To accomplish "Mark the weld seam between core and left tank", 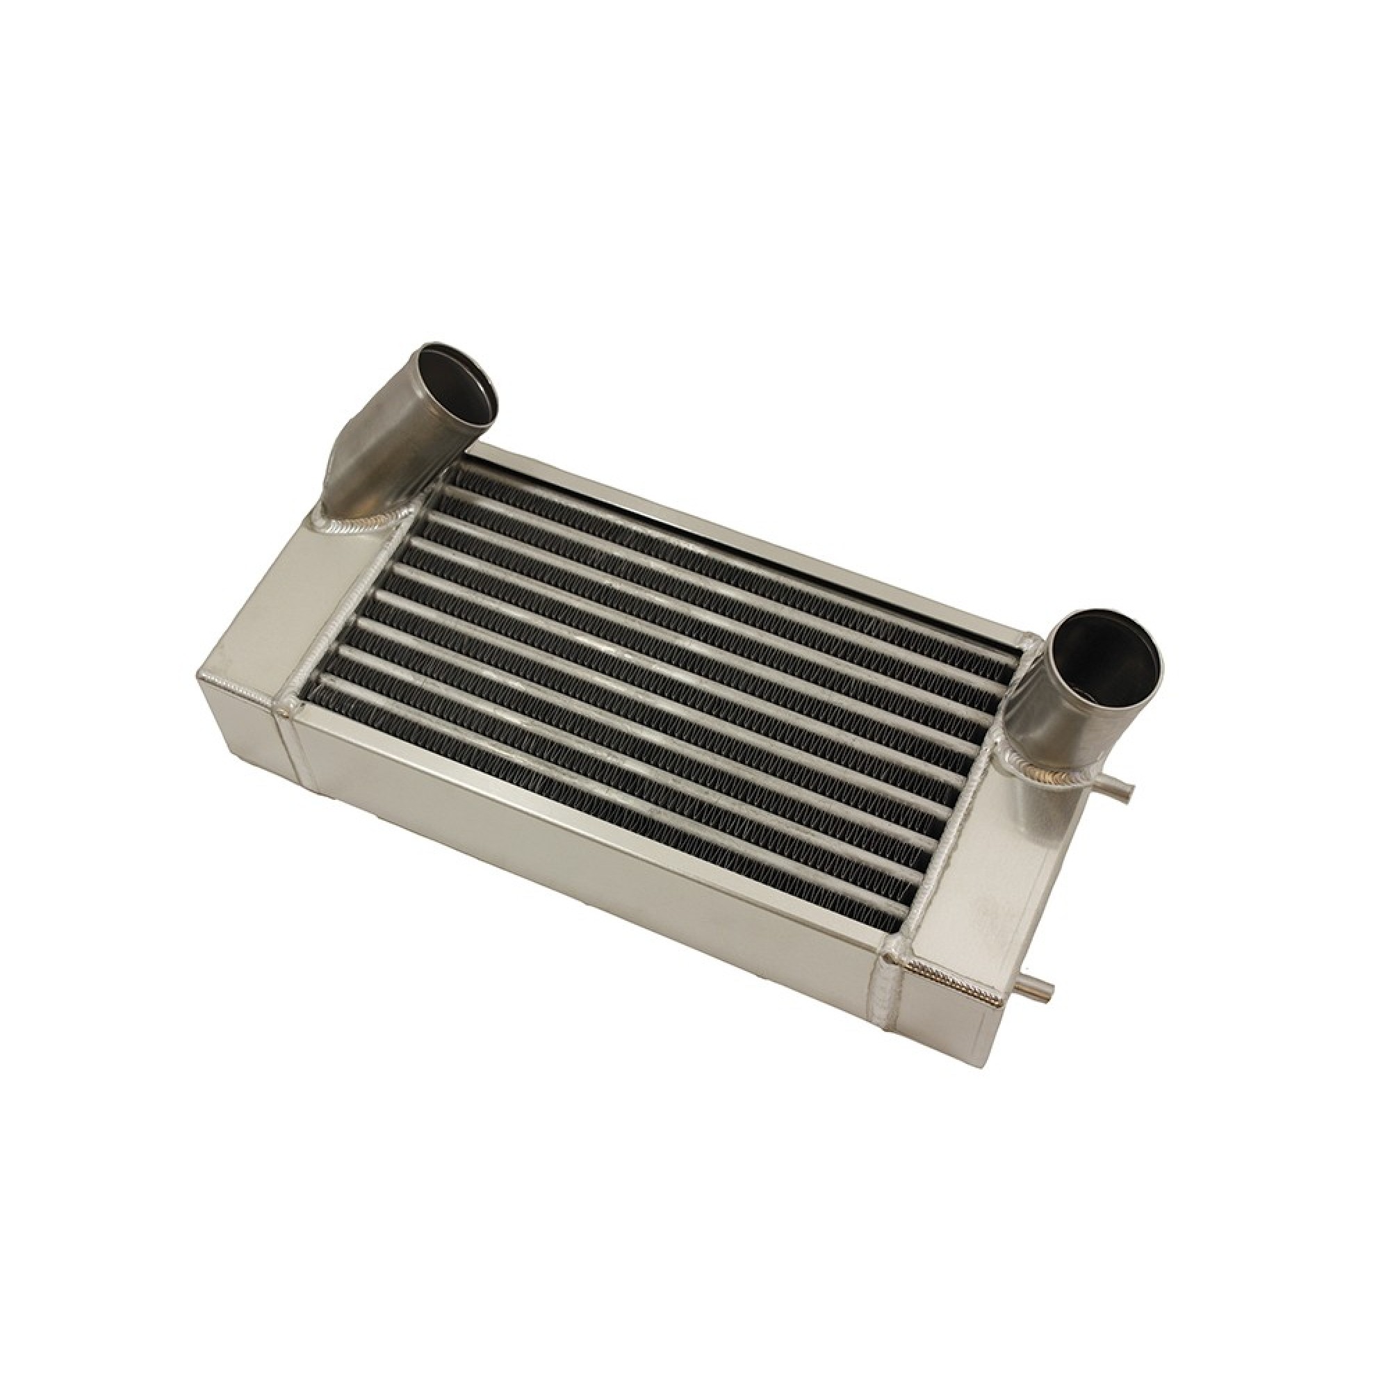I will pos(345,626).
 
